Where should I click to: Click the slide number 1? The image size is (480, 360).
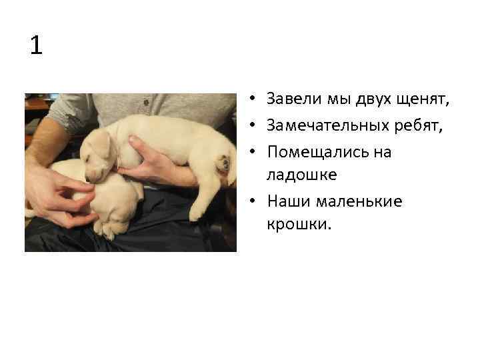point(36,46)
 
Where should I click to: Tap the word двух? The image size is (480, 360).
point(377,100)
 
